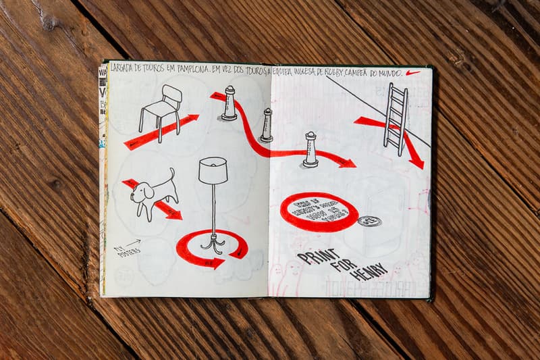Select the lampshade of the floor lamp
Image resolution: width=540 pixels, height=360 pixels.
pos(213,170)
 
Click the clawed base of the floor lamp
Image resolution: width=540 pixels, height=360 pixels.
pos(213,243)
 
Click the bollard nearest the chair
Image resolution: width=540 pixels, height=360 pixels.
pos(230,103)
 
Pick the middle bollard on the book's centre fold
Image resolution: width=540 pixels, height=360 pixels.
pos(267,126)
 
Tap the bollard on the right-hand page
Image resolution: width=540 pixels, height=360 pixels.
pos(310,149)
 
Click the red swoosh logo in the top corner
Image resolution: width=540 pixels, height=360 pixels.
pos(412,72)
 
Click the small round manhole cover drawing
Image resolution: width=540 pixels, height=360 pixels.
pos(369,221)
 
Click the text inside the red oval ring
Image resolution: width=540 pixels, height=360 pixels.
pos(319,211)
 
